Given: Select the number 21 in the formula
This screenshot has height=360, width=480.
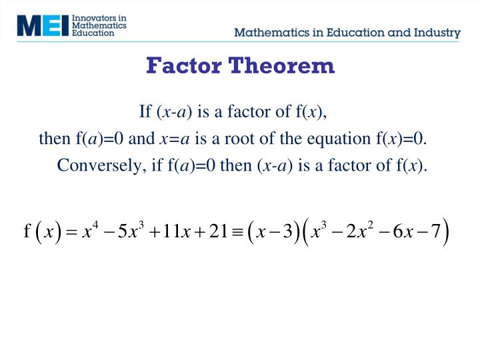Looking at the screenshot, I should pyautogui.click(x=217, y=232).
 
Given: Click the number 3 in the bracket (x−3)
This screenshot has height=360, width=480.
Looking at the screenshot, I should pyautogui.click(x=287, y=232).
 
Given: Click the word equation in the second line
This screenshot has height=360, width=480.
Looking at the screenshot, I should pyautogui.click(x=337, y=139).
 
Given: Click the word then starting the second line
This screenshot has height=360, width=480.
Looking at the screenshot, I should pyautogui.click(x=54, y=139).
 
